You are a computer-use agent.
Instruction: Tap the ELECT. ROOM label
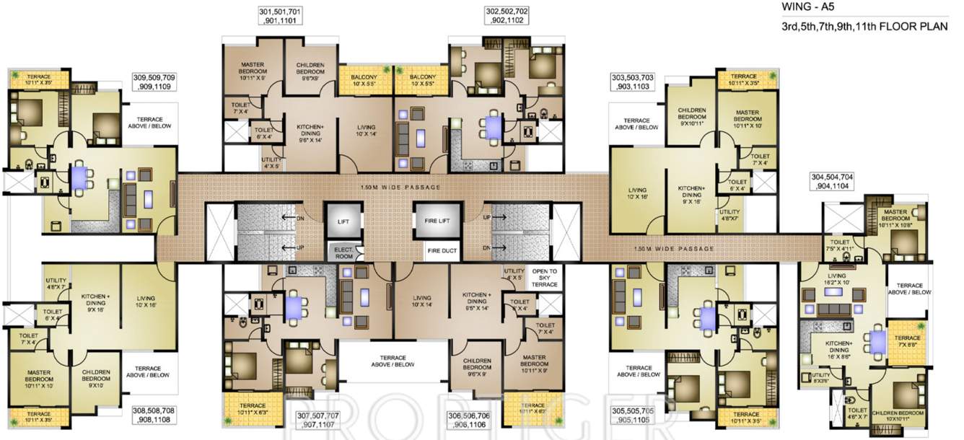pos(343,252)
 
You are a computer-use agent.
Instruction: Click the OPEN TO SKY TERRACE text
pos(545,278)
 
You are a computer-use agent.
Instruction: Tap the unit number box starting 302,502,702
pos(507,16)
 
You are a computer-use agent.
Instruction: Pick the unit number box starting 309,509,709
pos(154,82)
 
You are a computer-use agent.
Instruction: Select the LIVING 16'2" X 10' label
pos(837,279)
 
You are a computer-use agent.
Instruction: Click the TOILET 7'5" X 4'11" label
pos(840,246)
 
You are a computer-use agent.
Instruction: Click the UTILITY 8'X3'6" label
pos(820,376)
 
